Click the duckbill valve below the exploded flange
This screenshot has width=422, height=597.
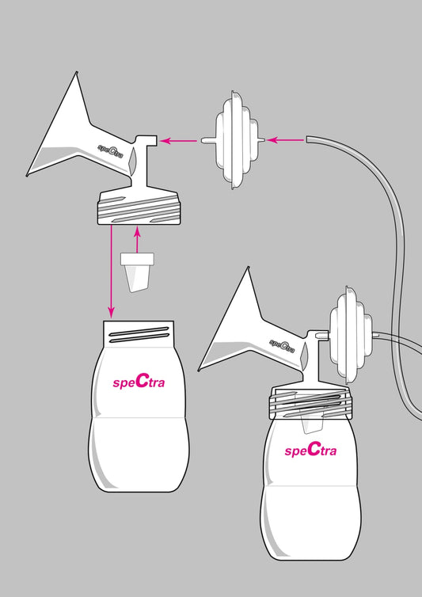click(x=137, y=272)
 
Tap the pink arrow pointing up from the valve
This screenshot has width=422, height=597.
click(x=138, y=239)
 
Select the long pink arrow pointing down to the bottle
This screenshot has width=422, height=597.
click(x=111, y=271)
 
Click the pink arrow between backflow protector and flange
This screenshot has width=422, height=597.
click(x=179, y=141)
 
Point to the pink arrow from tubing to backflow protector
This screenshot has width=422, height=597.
click(x=285, y=140)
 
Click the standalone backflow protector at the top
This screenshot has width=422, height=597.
click(x=232, y=140)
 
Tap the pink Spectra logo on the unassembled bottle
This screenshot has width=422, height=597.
click(x=139, y=381)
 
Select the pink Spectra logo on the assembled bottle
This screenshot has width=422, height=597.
click(x=310, y=450)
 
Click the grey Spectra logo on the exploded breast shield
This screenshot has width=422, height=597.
click(x=110, y=150)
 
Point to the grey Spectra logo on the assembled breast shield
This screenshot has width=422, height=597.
click(x=282, y=345)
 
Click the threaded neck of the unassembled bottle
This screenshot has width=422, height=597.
click(x=139, y=333)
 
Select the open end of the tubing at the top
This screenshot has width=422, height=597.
click(x=307, y=139)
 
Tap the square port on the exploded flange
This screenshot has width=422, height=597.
click(x=151, y=139)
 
